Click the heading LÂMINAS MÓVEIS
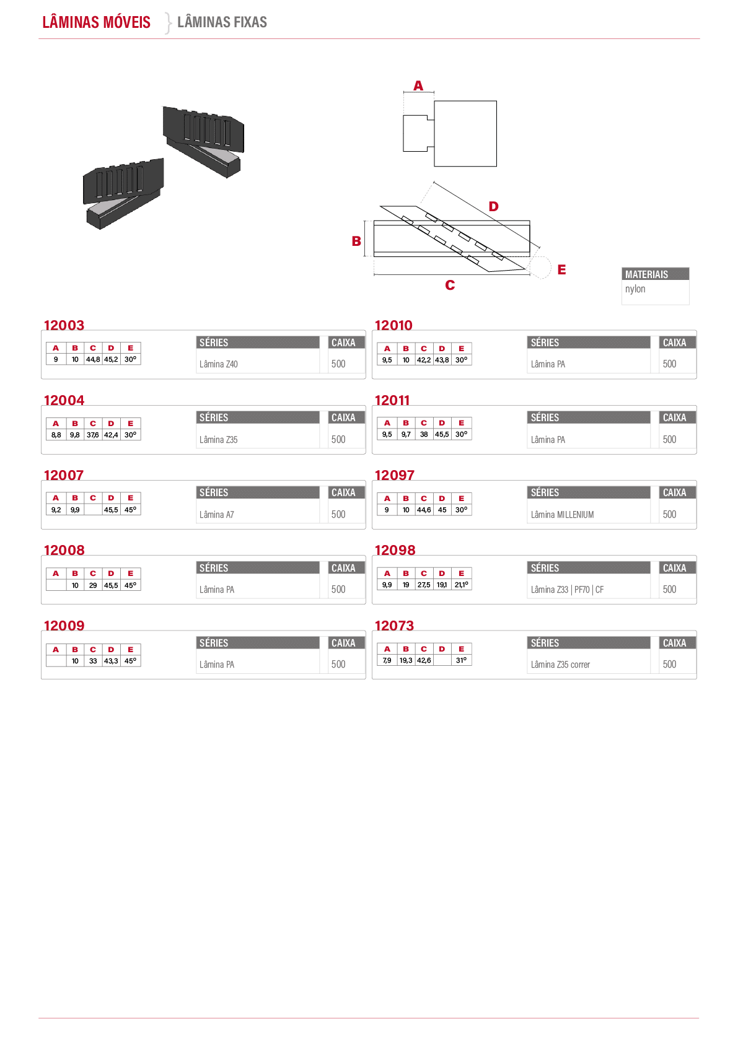(x=97, y=22)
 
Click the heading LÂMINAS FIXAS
(x=222, y=22)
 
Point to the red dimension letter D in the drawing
(x=493, y=206)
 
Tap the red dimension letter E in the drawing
(x=562, y=269)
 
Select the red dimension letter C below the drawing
(x=450, y=285)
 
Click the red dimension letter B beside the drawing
(x=356, y=241)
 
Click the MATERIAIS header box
(x=655, y=274)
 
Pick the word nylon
(x=635, y=289)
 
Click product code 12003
(x=64, y=325)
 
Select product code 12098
(x=395, y=550)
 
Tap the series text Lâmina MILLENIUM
(x=563, y=515)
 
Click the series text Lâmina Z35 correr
(x=560, y=665)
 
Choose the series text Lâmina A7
(x=217, y=515)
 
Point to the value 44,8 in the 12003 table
(x=93, y=359)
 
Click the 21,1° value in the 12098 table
(x=461, y=585)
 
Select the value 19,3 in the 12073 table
(x=406, y=660)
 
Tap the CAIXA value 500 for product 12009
(x=338, y=665)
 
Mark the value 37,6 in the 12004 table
(x=93, y=435)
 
